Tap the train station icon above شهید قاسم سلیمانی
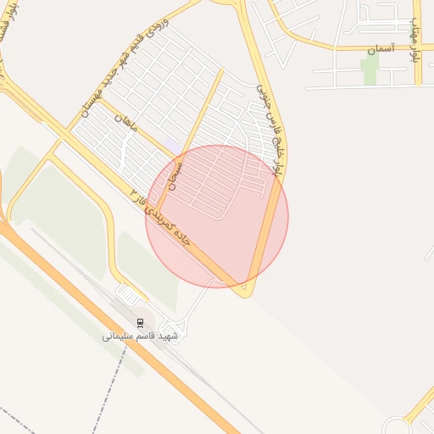point(141,322)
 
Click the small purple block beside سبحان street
point(172,145)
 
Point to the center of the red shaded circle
point(217,216)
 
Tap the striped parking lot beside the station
point(128,295)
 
